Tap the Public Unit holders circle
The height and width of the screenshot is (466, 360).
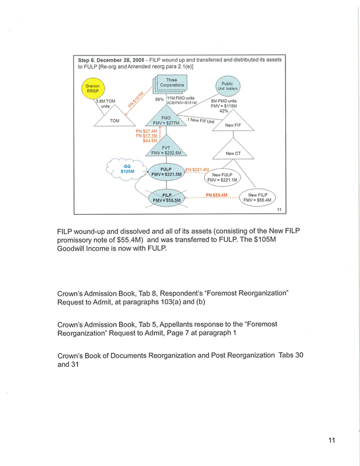(x=227, y=86)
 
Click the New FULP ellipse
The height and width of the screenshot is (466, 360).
(x=226, y=177)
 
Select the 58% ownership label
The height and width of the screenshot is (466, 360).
(x=159, y=99)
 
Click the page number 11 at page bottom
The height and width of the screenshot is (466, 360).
(x=331, y=441)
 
